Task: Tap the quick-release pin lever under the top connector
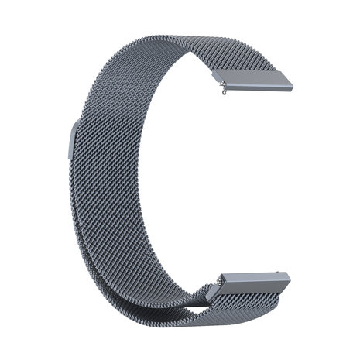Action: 224,93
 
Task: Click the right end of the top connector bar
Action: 288,84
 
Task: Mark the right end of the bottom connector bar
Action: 286,280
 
